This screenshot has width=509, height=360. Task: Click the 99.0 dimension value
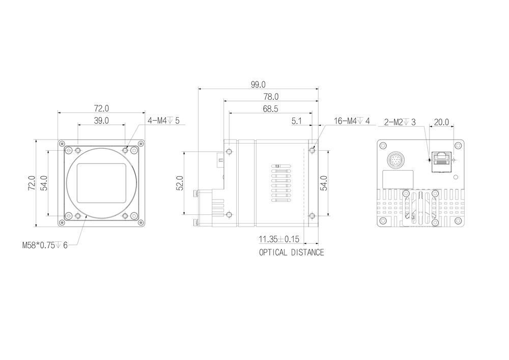click(258, 85)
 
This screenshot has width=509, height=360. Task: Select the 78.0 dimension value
click(271, 97)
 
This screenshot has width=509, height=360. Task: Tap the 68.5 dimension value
click(270, 109)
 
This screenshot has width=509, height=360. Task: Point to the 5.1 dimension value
click(297, 121)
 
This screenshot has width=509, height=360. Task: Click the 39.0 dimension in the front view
click(101, 121)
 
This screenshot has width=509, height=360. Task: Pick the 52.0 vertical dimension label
click(180, 183)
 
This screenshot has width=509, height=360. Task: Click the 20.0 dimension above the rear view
click(441, 122)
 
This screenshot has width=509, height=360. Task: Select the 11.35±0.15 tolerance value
click(279, 239)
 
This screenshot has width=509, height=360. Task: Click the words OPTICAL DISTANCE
click(292, 252)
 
